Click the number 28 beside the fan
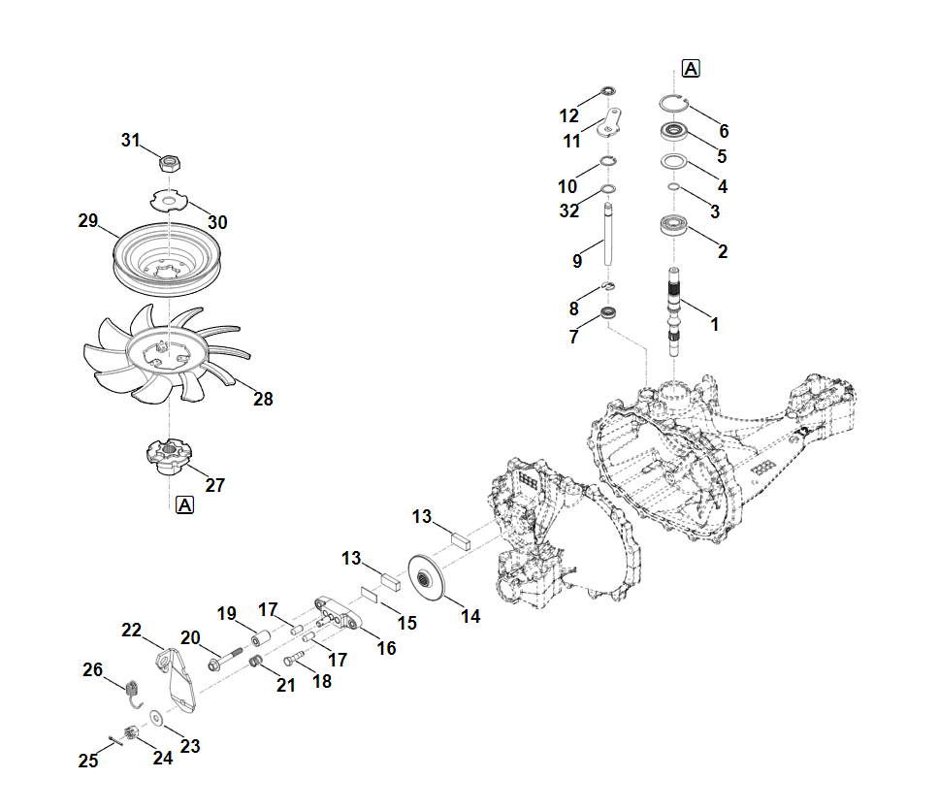(x=263, y=399)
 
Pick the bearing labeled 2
(x=673, y=227)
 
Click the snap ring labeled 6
(x=673, y=105)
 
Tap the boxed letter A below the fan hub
(x=185, y=504)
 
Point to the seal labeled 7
(x=609, y=313)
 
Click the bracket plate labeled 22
(x=175, y=678)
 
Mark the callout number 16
(x=386, y=648)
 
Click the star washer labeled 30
(x=170, y=201)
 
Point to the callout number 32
(x=568, y=211)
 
